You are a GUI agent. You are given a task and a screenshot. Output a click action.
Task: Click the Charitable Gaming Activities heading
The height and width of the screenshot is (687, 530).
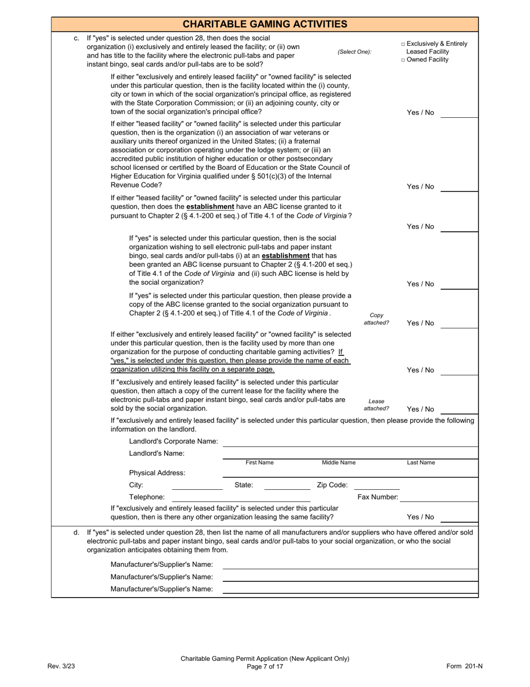265,24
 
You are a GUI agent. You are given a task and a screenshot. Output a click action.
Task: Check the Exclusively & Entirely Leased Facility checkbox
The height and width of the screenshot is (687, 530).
403,44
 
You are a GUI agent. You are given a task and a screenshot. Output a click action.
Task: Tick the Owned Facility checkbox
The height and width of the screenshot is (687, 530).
403,60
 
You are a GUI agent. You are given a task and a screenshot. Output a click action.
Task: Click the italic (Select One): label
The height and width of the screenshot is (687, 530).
354,52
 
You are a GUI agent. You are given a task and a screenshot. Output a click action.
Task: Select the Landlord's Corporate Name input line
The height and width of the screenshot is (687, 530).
350,442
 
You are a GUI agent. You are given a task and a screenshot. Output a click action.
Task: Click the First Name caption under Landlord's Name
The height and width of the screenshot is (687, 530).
260,462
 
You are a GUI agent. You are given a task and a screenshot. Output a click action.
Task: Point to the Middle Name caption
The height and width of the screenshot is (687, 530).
339,462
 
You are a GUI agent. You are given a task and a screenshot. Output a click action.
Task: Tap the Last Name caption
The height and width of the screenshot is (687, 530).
421,462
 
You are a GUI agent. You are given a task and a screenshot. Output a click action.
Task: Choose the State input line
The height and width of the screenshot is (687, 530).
287,485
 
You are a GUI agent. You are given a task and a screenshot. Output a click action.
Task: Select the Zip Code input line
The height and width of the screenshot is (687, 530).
377,485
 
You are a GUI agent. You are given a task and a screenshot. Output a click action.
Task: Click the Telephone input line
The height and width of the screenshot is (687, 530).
241,497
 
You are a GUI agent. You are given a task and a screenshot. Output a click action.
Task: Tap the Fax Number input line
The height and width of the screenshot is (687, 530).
439,497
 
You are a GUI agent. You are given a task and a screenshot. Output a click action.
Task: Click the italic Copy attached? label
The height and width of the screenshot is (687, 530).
377,319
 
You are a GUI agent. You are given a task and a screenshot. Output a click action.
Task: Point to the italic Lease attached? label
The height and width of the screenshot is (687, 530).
377,405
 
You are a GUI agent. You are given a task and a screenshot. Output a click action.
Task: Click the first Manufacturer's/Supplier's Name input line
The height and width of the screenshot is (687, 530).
350,565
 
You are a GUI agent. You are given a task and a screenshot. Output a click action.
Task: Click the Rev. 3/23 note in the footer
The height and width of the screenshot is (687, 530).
59,666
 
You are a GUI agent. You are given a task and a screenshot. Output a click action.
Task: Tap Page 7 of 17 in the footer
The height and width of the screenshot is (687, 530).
265,666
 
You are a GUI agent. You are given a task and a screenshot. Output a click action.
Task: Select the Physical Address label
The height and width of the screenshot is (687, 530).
157,473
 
